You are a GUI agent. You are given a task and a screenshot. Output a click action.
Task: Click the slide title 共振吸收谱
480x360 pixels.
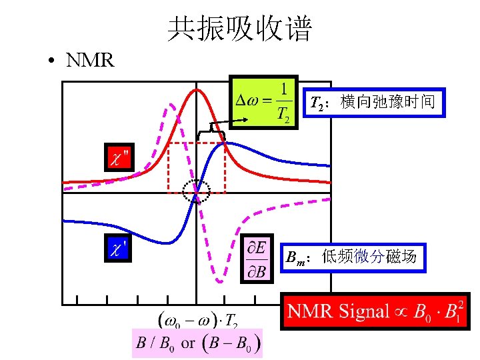(x=240, y=29)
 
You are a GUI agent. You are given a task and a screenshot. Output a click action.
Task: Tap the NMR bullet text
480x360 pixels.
(x=90, y=61)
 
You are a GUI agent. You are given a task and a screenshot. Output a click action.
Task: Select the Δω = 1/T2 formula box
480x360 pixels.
(x=265, y=101)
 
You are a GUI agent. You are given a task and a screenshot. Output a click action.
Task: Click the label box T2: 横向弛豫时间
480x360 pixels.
(x=373, y=103)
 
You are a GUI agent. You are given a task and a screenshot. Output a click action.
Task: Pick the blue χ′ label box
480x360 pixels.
(x=119, y=248)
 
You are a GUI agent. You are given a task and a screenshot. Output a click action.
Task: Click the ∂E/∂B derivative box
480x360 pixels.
(x=257, y=257)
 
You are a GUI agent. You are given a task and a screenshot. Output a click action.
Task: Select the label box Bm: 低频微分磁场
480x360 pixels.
(x=353, y=256)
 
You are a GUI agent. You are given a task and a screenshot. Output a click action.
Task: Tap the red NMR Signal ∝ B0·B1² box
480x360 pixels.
(x=375, y=311)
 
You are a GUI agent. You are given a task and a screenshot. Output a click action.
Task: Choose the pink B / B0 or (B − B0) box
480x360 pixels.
(x=197, y=344)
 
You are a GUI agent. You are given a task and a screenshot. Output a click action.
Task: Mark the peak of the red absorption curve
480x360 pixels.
(x=196, y=89)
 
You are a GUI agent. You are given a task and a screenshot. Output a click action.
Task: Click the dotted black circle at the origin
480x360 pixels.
(x=196, y=192)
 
